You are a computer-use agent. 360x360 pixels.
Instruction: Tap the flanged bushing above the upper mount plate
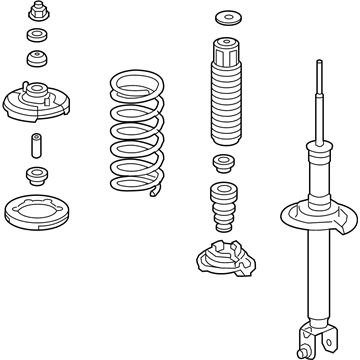[x=39, y=57]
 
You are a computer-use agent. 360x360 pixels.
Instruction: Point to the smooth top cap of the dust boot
[x=224, y=50]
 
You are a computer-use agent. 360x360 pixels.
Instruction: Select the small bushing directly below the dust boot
[x=223, y=164]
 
